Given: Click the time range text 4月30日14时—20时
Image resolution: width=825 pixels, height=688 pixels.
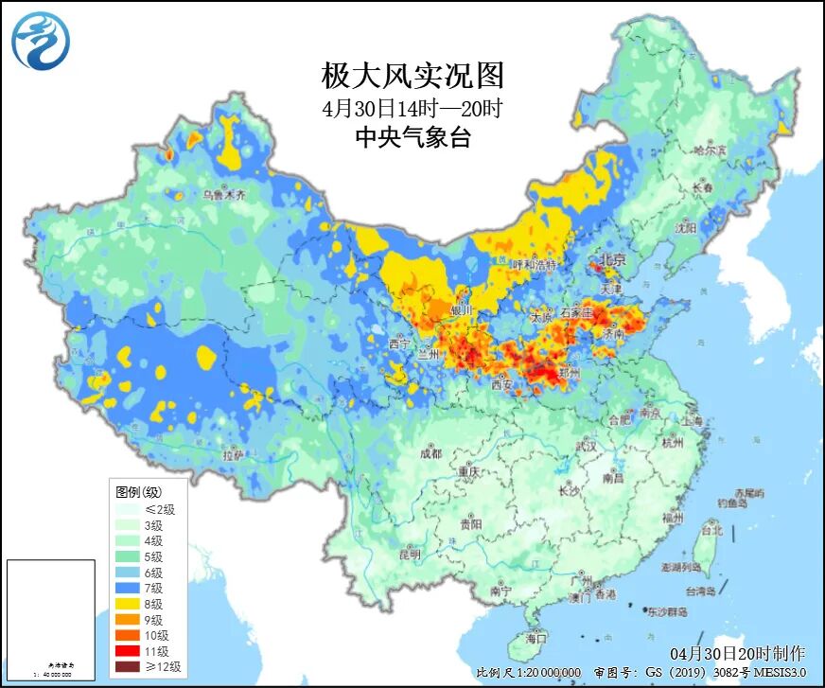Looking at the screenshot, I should pyautogui.click(x=412, y=107).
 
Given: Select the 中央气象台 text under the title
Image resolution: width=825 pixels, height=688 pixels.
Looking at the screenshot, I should pyautogui.click(x=412, y=138).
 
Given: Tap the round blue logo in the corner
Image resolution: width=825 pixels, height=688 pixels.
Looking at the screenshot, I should pyautogui.click(x=41, y=41).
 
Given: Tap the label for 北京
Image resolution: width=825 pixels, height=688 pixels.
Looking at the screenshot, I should pyautogui.click(x=612, y=260).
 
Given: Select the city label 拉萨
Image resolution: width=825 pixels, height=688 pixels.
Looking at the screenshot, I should pyautogui.click(x=233, y=455).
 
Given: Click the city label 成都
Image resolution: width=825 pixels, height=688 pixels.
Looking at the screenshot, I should pyautogui.click(x=430, y=453).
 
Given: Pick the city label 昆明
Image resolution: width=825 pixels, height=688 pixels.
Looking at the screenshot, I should pyautogui.click(x=409, y=554).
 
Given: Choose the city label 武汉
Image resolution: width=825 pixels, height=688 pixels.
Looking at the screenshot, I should pyautogui.click(x=586, y=446).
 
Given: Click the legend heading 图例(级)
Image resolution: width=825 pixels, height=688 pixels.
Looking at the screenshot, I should pyautogui.click(x=138, y=493).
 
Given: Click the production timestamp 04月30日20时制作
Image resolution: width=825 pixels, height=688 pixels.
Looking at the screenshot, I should pyautogui.click(x=738, y=653).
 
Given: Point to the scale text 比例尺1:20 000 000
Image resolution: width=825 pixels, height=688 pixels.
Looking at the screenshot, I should pyautogui.click(x=529, y=672).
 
